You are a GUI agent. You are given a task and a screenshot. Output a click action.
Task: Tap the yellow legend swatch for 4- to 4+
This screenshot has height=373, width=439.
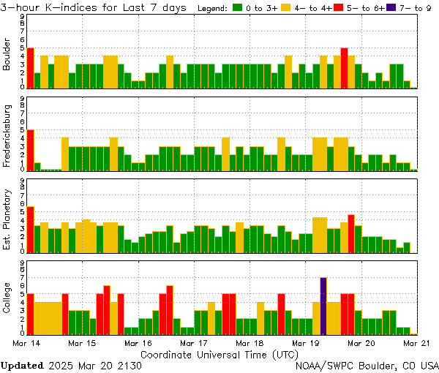286,8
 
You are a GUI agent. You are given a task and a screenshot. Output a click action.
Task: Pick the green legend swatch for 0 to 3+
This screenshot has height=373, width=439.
238,8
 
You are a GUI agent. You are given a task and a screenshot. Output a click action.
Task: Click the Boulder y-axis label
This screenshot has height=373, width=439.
7,55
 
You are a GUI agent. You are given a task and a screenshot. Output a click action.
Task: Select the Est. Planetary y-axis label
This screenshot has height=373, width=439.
7,219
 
